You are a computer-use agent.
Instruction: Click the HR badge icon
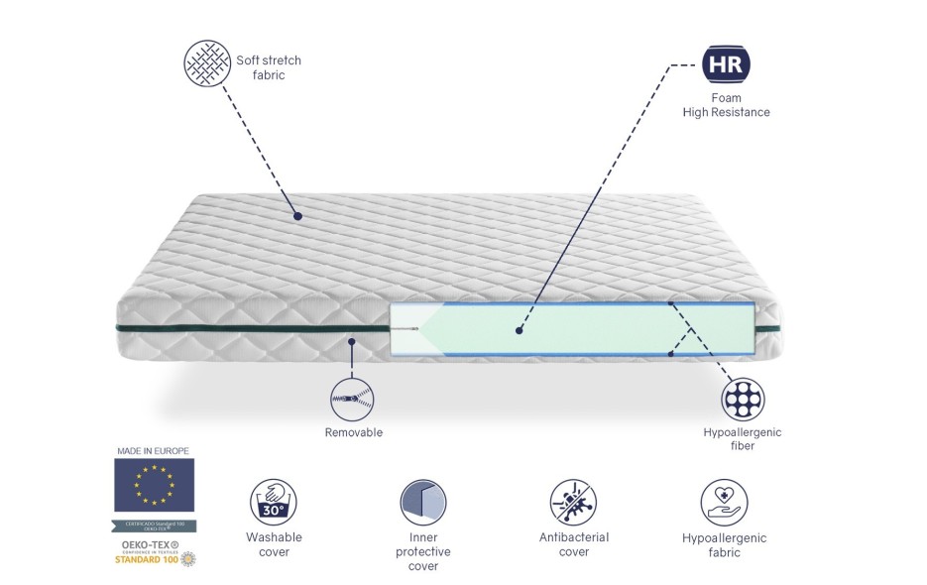coord(726,64)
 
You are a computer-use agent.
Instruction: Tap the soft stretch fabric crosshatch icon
coord(207,64)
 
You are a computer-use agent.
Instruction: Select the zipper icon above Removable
coord(353,399)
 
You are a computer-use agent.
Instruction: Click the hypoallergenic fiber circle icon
coord(743,399)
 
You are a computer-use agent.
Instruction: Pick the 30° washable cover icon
coord(274,502)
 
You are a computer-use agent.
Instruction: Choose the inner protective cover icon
coord(423,502)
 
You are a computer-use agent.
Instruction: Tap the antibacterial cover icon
coord(573,502)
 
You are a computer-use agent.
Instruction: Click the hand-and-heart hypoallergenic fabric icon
coord(724,502)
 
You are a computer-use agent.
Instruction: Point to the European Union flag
coord(155,484)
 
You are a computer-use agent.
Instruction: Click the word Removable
coord(353,432)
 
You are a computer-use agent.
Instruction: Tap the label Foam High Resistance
coord(726,105)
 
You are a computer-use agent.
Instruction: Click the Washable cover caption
coord(274,544)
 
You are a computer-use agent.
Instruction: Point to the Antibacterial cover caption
coord(573,544)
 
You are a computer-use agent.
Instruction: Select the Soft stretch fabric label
coord(268,67)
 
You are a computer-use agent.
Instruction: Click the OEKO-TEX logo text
coord(147,545)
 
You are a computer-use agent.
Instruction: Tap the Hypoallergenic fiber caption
coord(743,439)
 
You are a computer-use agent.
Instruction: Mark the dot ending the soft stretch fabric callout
coord(297,215)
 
